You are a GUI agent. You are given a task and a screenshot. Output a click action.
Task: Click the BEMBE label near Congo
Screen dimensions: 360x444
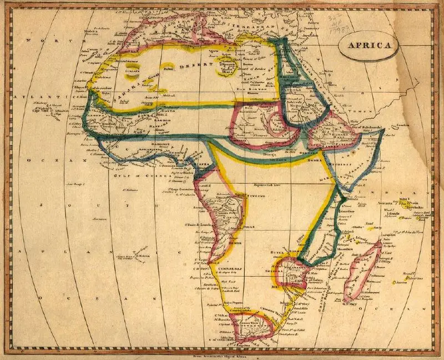coord(232,243)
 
